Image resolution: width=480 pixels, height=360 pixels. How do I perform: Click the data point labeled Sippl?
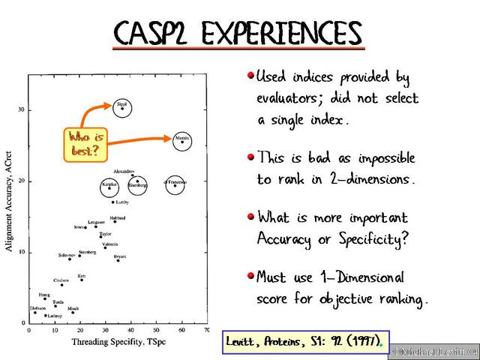point(123,109)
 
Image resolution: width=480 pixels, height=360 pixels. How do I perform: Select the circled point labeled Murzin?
point(182,142)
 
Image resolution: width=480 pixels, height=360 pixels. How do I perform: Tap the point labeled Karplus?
point(110,187)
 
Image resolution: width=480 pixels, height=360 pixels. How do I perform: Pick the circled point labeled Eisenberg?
point(137,187)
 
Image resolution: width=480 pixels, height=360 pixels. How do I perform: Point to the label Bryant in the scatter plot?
point(120,256)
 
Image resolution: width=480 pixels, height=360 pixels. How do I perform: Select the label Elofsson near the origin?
point(37,308)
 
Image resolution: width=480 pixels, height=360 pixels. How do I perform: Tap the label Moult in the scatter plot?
point(73,308)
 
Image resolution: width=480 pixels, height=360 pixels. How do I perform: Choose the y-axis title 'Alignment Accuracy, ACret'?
point(10,199)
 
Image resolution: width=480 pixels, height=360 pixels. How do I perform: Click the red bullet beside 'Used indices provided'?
point(250,76)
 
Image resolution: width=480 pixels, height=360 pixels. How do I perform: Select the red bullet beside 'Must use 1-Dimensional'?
point(250,275)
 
